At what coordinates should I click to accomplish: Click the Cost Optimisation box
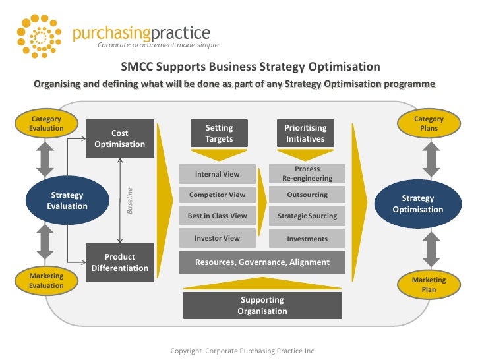120,138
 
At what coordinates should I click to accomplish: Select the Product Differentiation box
120,262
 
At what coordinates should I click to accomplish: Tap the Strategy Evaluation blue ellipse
67,200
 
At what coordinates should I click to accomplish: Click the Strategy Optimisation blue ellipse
418,204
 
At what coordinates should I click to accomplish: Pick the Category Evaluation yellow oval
46,123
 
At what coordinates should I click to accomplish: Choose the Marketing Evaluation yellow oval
46,281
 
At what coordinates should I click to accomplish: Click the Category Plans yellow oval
429,123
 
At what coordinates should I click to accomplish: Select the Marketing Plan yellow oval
429,284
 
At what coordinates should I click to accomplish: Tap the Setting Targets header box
219,133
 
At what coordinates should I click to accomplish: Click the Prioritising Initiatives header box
305,133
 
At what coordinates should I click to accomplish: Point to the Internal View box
217,174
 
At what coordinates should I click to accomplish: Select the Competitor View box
217,195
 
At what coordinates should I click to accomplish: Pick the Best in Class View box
217,216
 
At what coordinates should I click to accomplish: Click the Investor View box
217,238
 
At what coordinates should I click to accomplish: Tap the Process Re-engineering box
307,174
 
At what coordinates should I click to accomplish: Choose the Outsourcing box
307,195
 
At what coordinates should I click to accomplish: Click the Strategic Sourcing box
307,216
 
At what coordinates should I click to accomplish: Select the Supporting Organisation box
262,305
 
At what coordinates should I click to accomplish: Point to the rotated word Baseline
130,200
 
